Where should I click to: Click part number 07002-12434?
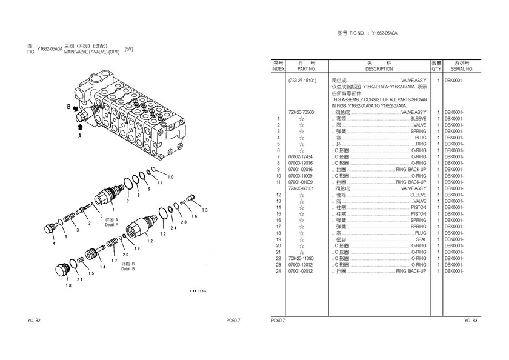(x=301, y=157)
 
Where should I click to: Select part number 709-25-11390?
(x=301, y=258)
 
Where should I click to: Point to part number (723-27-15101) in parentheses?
(x=302, y=81)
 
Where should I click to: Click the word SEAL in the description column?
(x=421, y=239)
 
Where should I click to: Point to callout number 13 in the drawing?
(x=205, y=210)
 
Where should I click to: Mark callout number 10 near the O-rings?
(x=171, y=177)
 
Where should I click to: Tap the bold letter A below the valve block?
(x=79, y=137)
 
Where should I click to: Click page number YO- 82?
(x=33, y=321)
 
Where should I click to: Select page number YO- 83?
(x=471, y=321)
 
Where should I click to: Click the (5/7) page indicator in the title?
(x=129, y=49)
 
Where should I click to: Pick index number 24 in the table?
(x=278, y=271)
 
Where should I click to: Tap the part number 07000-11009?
(x=301, y=176)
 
